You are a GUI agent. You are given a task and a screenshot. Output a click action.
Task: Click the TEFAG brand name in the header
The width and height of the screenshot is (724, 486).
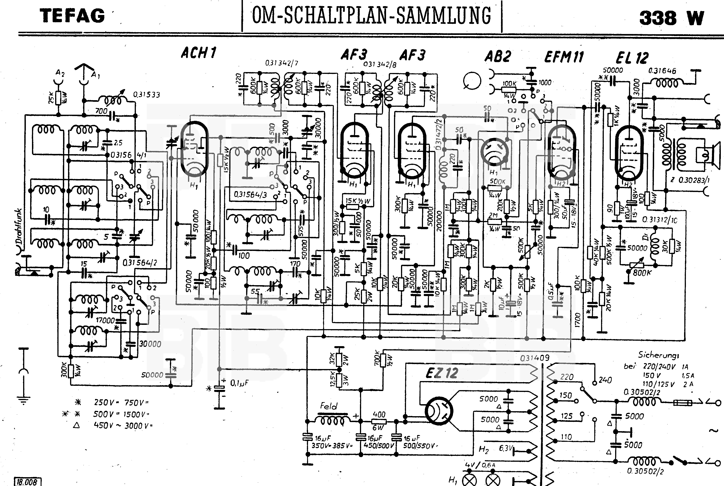click(73, 16)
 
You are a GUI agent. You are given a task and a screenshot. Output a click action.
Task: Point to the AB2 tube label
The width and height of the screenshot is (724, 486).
click(498, 56)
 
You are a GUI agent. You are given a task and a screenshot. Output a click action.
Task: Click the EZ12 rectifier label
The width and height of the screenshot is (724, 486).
click(442, 373)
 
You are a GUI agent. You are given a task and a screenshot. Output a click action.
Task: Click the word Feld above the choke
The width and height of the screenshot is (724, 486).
click(328, 406)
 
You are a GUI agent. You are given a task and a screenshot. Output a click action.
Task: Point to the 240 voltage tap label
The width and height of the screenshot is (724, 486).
click(605, 380)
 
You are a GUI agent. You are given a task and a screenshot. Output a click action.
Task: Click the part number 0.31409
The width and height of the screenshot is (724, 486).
click(535, 358)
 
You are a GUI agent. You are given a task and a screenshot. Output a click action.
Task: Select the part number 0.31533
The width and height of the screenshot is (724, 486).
click(147, 95)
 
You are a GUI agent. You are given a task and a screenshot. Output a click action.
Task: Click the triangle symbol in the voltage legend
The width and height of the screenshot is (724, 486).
click(76, 425)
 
